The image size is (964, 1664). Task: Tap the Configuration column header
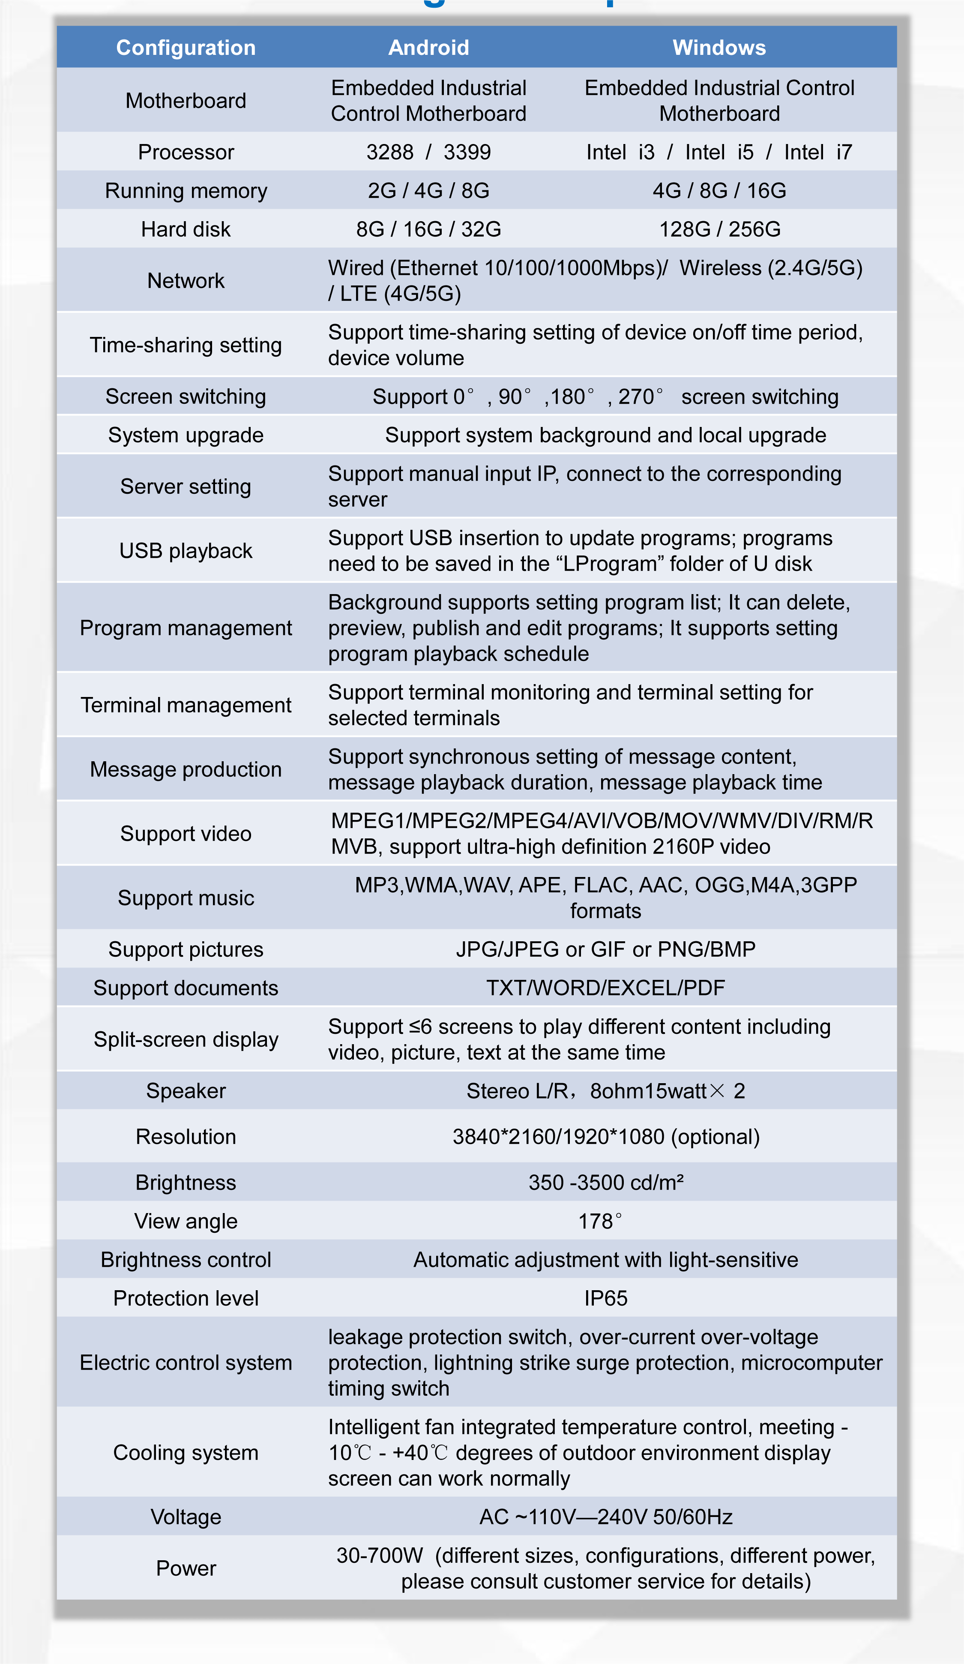[186, 48]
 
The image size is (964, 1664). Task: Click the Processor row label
[186, 152]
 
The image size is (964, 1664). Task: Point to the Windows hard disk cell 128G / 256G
[719, 229]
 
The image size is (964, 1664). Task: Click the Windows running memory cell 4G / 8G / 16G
[719, 191]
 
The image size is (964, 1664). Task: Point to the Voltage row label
[186, 1517]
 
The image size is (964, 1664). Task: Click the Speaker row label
[186, 1091]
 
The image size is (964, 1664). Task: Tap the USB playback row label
[186, 551]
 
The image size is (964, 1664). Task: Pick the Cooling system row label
[186, 1453]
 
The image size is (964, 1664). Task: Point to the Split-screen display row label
[186, 1039]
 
